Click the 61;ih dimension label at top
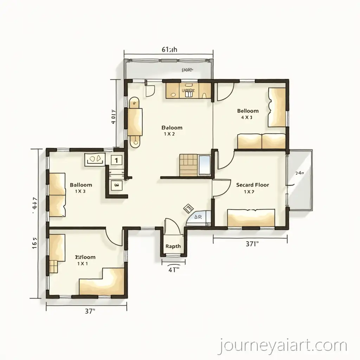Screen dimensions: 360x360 (169, 50)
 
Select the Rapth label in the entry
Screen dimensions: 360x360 (173, 246)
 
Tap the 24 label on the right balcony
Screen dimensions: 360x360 (300, 173)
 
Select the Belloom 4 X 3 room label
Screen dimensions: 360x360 (248, 114)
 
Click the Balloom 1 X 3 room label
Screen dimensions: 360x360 (81, 188)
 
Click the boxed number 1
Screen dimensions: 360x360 (116, 160)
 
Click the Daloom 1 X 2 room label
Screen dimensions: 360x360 (172, 130)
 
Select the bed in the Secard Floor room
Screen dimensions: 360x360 (251, 217)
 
